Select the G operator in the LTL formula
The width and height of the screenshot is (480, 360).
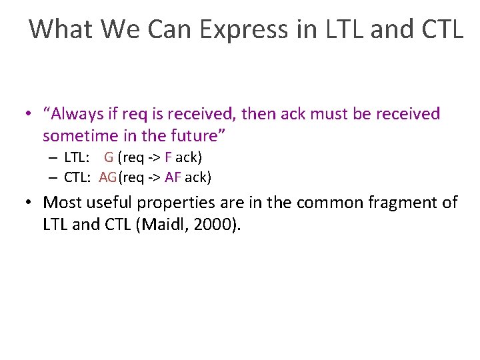point(108,158)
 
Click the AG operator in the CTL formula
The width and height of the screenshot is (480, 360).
point(107,177)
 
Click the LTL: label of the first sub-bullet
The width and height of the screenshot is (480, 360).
point(77,158)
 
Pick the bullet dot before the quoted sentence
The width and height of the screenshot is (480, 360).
point(29,114)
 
